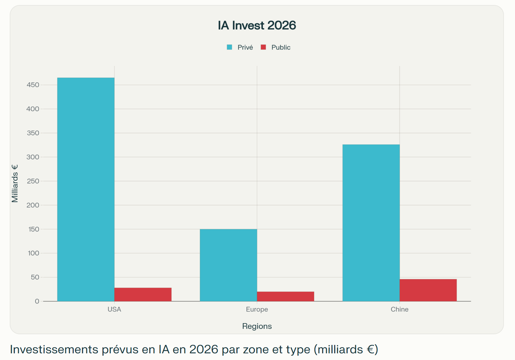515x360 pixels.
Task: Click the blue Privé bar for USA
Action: [x=86, y=189]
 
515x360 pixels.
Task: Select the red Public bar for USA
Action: [x=143, y=295]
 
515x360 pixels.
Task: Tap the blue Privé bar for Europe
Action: [x=228, y=265]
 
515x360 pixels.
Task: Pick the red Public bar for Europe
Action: [x=285, y=296]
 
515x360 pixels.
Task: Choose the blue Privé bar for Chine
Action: [x=371, y=223]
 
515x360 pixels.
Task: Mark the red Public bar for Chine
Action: [x=428, y=290]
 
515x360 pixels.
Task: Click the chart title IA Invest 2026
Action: [x=257, y=26]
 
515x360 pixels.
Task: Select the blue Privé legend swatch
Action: [x=230, y=47]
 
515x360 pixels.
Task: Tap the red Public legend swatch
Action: [x=263, y=47]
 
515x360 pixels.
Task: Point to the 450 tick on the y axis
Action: [x=33, y=85]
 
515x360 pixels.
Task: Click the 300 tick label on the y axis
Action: [x=33, y=157]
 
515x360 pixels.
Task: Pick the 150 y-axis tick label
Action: [x=33, y=229]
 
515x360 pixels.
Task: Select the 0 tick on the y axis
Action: [x=37, y=301]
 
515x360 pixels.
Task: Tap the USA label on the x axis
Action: [x=114, y=309]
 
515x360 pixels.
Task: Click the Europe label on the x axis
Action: [x=257, y=309]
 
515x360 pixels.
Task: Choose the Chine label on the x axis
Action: [x=399, y=309]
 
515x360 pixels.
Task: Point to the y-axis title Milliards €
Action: [x=15, y=183]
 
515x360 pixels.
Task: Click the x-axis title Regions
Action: [x=257, y=326]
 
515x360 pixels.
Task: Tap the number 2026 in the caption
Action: [x=203, y=349]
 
